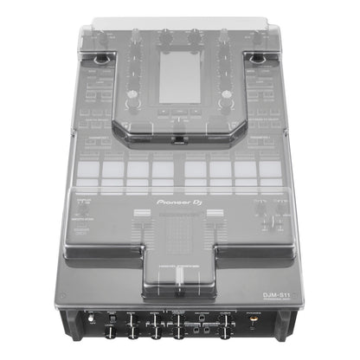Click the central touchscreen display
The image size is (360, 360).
(180, 77)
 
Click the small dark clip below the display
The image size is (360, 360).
(179, 138)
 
